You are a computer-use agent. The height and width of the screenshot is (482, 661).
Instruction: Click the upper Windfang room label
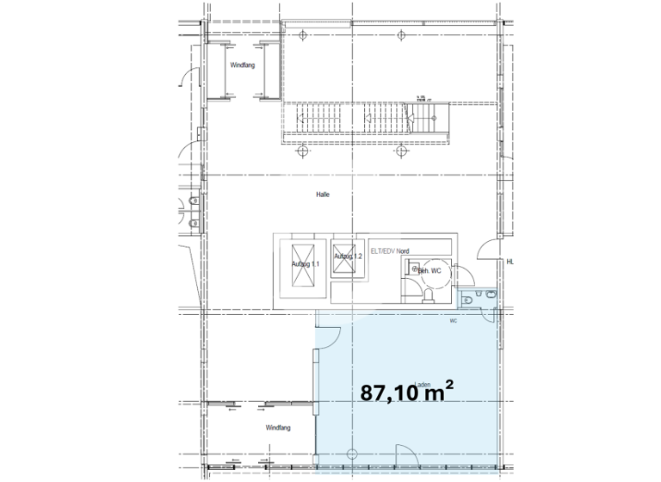click(240, 65)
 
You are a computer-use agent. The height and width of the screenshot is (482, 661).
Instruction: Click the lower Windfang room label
click(277, 428)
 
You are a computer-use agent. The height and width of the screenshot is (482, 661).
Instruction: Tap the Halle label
click(323, 195)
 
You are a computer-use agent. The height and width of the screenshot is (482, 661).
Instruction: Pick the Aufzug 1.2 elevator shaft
click(346, 257)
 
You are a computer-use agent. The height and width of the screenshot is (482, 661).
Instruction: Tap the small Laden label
click(422, 385)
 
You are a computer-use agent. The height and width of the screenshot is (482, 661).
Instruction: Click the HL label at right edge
click(510, 262)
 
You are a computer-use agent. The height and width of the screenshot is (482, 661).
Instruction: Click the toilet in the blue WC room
click(467, 298)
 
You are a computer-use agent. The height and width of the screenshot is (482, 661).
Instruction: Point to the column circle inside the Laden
click(349, 453)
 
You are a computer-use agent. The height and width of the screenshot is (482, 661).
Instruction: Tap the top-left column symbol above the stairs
click(305, 35)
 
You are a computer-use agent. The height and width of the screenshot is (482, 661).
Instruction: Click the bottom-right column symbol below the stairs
click(401, 152)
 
